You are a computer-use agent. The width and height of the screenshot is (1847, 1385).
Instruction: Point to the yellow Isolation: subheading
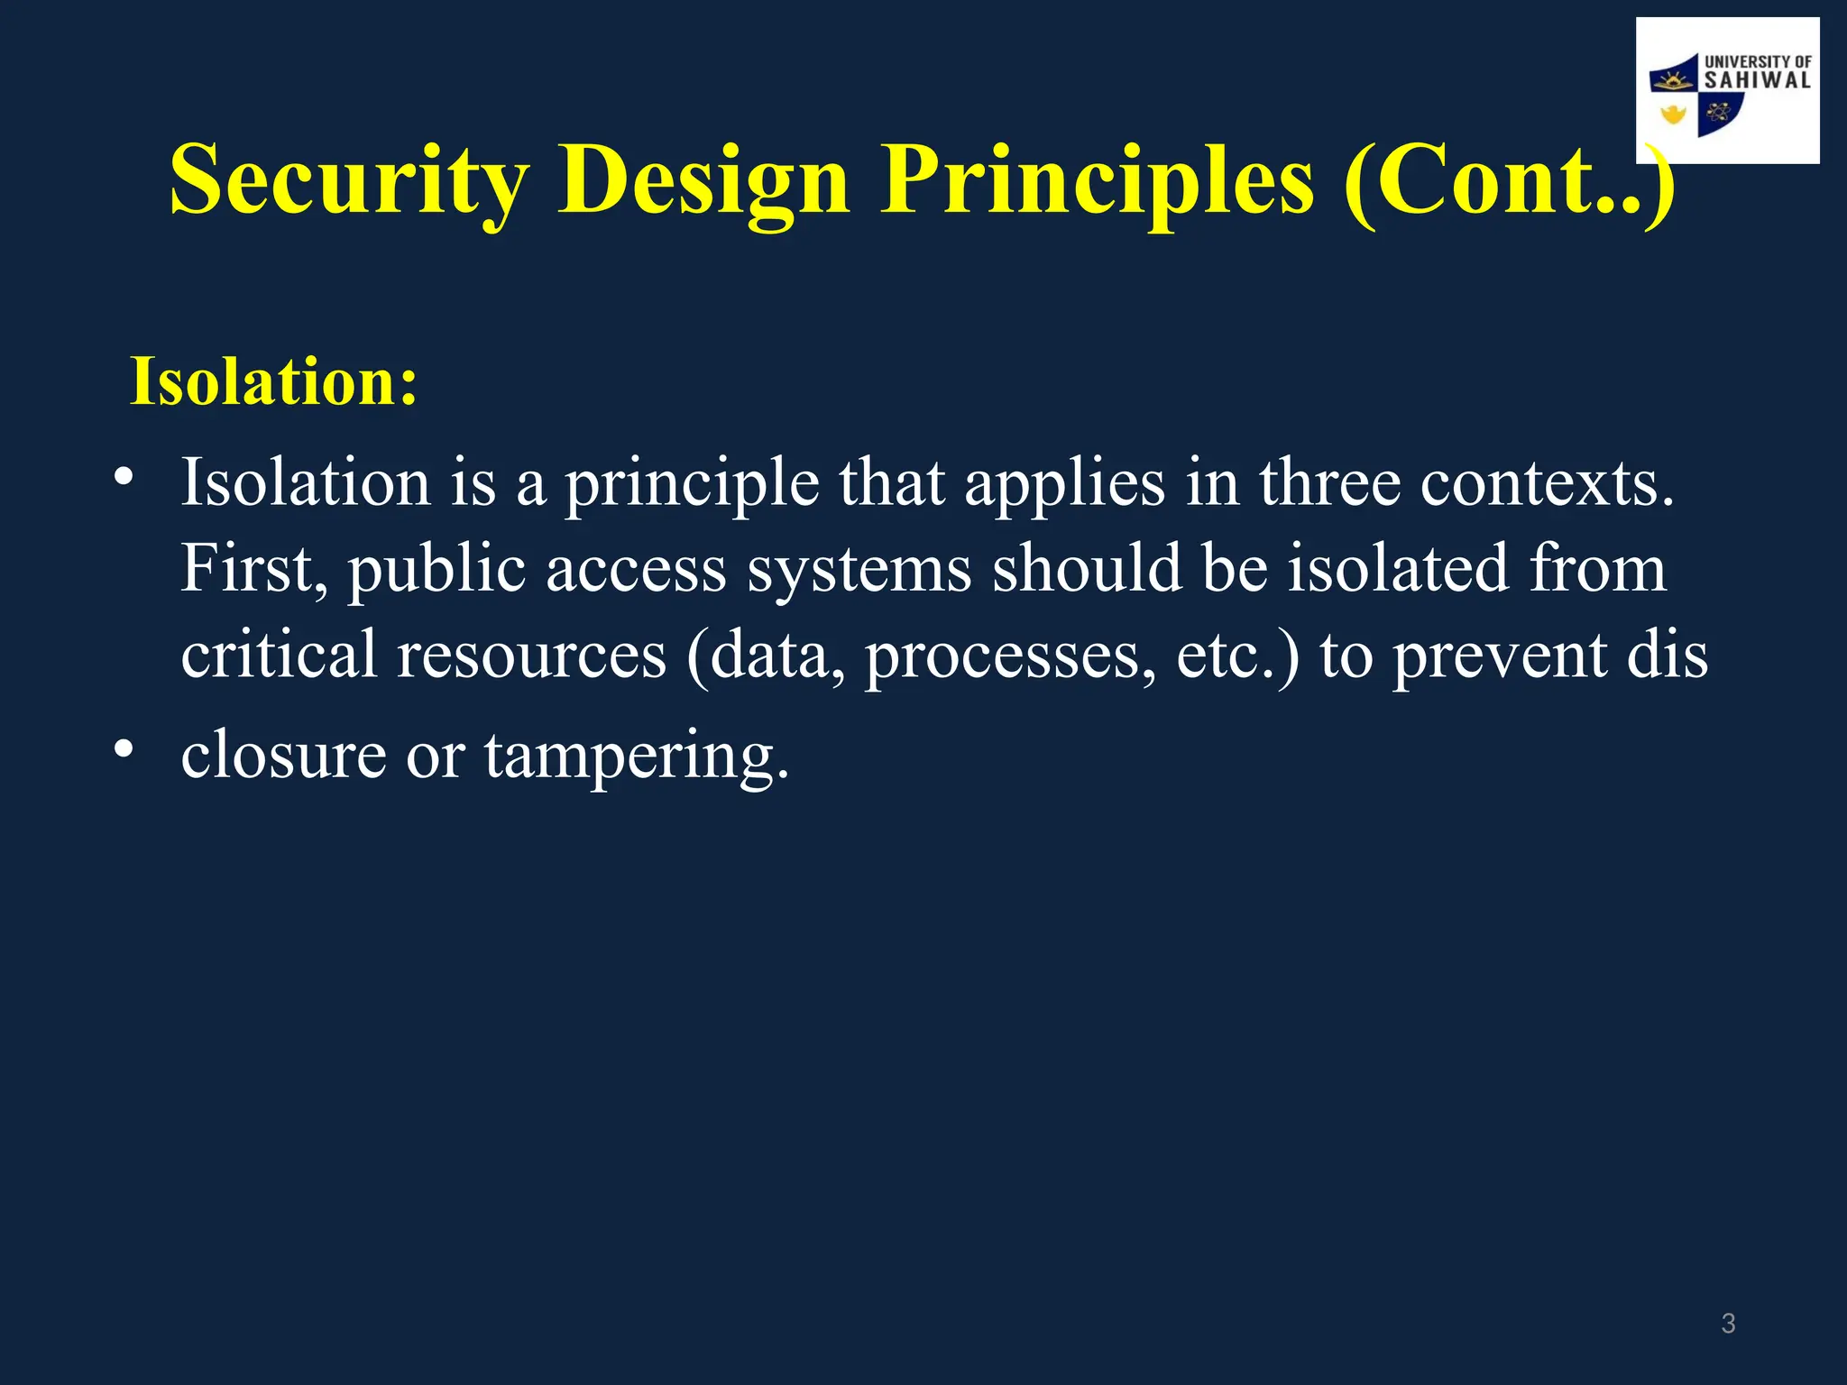coord(274,382)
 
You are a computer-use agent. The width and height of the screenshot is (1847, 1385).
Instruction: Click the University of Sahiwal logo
coord(1726,90)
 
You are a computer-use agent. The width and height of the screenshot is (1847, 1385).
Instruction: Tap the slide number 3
coord(1728,1324)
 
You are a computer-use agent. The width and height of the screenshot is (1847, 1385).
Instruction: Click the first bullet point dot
coord(124,475)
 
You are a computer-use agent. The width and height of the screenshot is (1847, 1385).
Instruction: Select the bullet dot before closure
coord(124,748)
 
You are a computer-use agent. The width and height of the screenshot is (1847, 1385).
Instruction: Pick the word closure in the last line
coord(283,756)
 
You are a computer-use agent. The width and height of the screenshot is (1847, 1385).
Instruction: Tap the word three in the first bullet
coord(1329,483)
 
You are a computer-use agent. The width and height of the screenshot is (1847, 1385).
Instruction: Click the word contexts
coord(1547,485)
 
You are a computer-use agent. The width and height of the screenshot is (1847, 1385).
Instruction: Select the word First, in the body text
coord(254,570)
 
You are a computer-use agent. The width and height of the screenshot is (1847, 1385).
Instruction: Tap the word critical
coord(278,655)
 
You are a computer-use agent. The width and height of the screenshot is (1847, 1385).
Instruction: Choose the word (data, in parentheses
coord(765,656)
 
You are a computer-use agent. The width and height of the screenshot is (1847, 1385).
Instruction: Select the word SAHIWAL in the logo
coord(1757,81)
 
